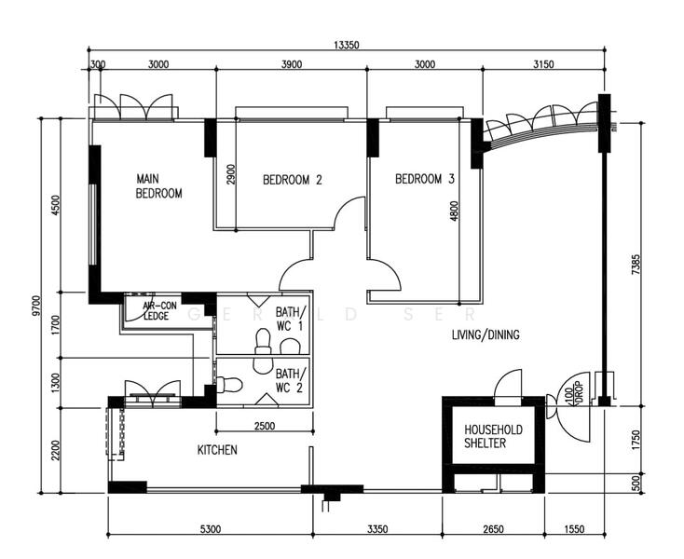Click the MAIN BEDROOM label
click(x=158, y=186)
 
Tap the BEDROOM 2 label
click(x=292, y=180)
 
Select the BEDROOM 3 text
click(x=424, y=179)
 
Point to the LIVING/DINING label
click(x=486, y=334)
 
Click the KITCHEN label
click(x=217, y=450)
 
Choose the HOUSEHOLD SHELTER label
click(x=493, y=436)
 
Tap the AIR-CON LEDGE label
click(x=159, y=310)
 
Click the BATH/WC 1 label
click(x=288, y=320)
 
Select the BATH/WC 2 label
click(x=288, y=380)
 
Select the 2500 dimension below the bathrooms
click(x=264, y=426)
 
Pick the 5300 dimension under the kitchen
click(x=210, y=529)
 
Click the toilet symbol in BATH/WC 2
click(x=230, y=384)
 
